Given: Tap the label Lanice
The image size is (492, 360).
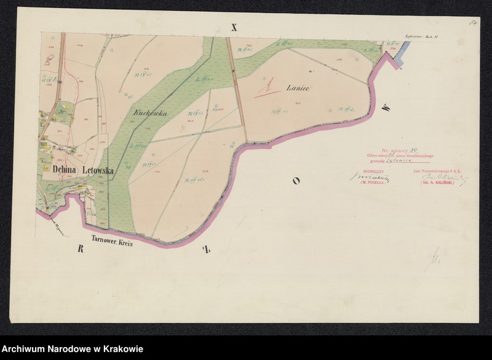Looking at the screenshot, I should tap(298, 89).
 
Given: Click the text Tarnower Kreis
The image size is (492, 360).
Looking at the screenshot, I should tap(112, 240).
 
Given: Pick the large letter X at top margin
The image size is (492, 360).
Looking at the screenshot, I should tap(233, 28).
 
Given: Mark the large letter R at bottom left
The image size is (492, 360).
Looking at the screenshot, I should tap(79, 249).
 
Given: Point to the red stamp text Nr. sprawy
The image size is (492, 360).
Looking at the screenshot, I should tap(392, 150).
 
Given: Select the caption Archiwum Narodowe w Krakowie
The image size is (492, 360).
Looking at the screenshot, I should tap(73, 349).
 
